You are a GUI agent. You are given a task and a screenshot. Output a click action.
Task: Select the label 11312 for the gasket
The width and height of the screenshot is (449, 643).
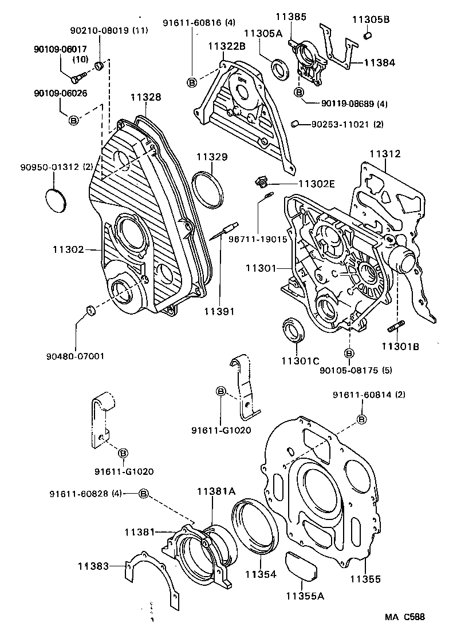click(384, 154)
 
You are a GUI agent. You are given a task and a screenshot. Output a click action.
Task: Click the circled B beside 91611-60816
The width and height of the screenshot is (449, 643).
click(192, 82)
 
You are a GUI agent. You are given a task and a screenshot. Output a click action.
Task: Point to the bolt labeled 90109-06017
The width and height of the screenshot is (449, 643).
click(81, 74)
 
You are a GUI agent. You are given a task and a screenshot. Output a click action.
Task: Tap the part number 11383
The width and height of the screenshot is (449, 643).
click(93, 566)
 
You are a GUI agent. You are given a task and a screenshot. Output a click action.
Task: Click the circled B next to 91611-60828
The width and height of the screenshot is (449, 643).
click(144, 494)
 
